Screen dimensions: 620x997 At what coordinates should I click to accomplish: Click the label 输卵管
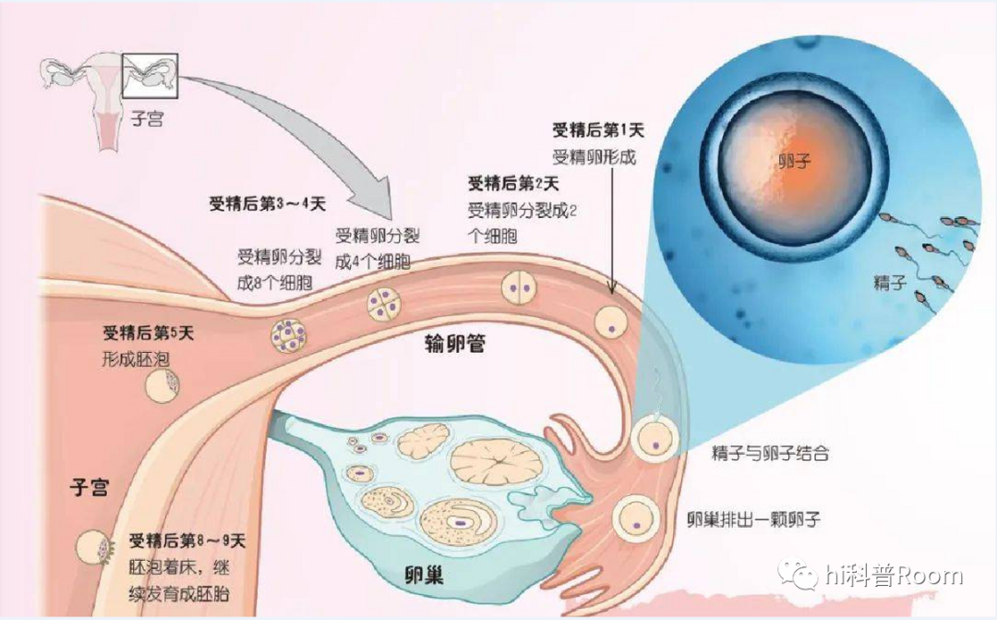455,345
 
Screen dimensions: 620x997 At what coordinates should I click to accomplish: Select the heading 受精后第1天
591,129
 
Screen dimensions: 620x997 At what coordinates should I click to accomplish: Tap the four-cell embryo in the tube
383,303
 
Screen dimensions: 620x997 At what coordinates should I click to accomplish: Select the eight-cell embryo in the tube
289,334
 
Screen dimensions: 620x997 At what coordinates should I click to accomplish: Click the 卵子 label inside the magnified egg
793,161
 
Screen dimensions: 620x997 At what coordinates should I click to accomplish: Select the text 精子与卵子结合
770,454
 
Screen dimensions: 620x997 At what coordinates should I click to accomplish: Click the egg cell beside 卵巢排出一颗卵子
637,517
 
